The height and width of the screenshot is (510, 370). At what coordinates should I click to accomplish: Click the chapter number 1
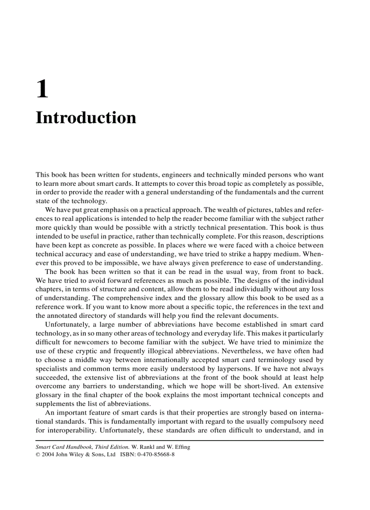click(42, 89)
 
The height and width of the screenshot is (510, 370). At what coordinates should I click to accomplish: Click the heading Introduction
click(86, 118)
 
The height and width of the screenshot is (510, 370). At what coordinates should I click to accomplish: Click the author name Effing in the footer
click(180, 447)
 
